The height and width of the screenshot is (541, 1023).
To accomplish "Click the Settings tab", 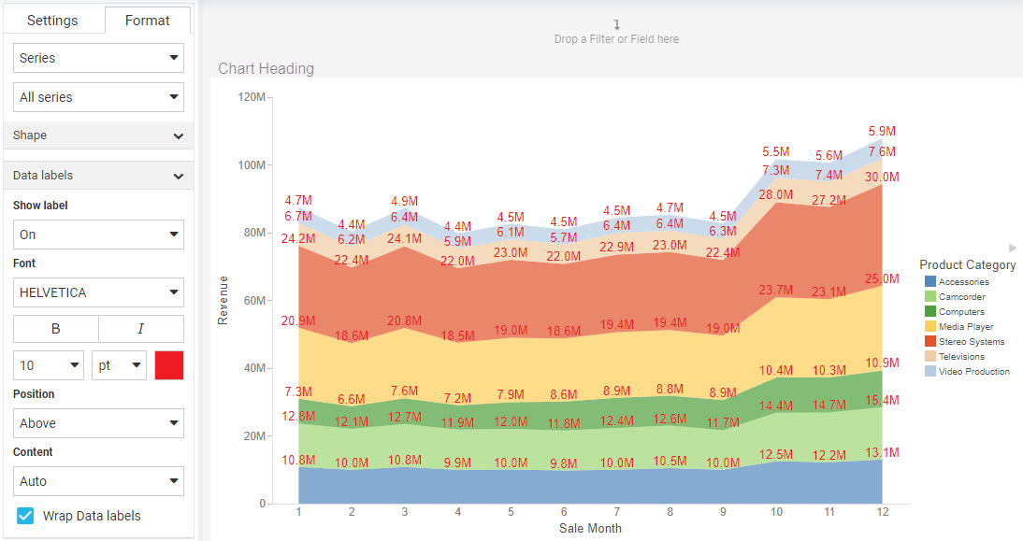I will coord(52,21).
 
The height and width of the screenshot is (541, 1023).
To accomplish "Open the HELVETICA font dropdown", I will coord(98,292).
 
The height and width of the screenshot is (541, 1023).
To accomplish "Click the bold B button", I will coord(55,329).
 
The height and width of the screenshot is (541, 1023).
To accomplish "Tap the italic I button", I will coord(141,329).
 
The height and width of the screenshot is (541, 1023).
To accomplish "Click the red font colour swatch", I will coord(169,365).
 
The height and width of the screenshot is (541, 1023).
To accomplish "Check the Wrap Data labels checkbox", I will coord(26,516).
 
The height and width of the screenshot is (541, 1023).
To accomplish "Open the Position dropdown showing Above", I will coord(98,423).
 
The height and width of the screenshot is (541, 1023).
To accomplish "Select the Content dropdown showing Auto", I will coord(98,481).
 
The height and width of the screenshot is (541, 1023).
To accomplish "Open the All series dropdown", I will coord(98,97).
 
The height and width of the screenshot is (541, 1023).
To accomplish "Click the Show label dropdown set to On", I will coord(98,235).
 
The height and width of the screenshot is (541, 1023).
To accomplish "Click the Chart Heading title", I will coord(266,68).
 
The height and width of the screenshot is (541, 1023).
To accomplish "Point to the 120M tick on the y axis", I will coord(252,97).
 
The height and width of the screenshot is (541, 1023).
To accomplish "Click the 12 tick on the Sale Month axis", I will coord(881,512).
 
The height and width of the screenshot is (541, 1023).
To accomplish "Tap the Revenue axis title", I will coord(223,300).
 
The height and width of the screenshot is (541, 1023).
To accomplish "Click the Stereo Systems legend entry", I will coord(971,342).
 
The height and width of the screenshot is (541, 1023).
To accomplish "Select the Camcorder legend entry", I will coord(963,297).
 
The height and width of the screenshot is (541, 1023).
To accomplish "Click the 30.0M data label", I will coord(882,178).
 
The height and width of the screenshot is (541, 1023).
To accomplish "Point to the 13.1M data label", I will coord(882,453).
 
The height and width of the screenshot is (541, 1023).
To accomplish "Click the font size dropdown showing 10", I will coord(49,365).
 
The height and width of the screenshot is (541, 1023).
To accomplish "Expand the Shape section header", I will coord(98,135).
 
